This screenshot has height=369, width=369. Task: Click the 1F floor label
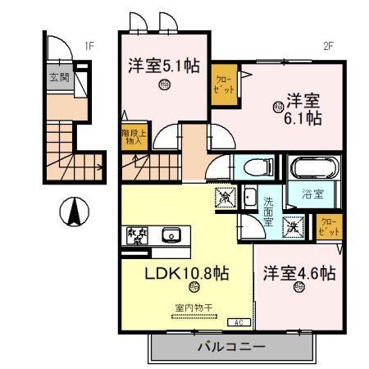coord(88,46)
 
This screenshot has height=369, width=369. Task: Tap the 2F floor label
coord(327,46)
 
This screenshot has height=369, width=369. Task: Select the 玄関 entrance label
coord(58,79)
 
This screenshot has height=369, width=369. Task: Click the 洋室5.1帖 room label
coord(163,66)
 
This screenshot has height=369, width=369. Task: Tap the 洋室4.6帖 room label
coord(299,272)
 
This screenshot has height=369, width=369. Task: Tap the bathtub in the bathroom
coord(312,170)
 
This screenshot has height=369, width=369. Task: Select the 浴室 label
coord(312,195)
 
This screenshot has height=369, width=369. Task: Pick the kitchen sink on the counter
coord(171,235)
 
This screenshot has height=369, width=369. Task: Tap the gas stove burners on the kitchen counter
coord(135,235)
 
